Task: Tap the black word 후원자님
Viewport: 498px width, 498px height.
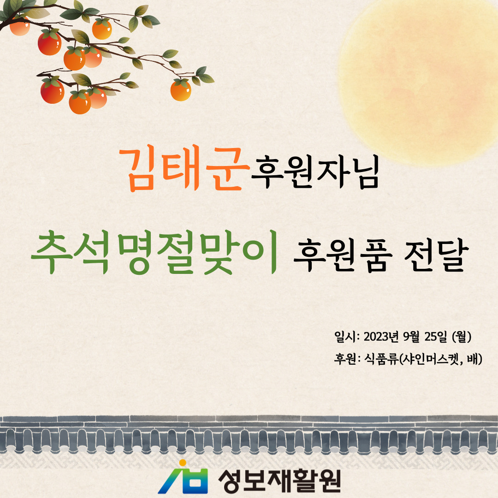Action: [x=315, y=172]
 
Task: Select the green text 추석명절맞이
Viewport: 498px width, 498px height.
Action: [x=154, y=252]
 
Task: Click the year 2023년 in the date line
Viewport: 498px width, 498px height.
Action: [x=381, y=337]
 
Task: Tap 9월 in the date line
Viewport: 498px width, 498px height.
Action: [x=411, y=337]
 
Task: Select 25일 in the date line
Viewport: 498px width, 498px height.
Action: [x=436, y=337]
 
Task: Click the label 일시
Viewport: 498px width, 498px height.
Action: [x=345, y=337]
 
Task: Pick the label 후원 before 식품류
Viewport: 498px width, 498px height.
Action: [x=345, y=359]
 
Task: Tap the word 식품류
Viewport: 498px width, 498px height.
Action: [x=381, y=359]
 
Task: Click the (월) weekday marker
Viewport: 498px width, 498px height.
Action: [x=462, y=337]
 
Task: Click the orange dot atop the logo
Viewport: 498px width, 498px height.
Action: [x=183, y=463]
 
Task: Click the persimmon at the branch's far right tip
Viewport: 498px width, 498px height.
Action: [x=181, y=90]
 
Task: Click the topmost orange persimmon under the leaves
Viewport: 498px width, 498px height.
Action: [x=102, y=29]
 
